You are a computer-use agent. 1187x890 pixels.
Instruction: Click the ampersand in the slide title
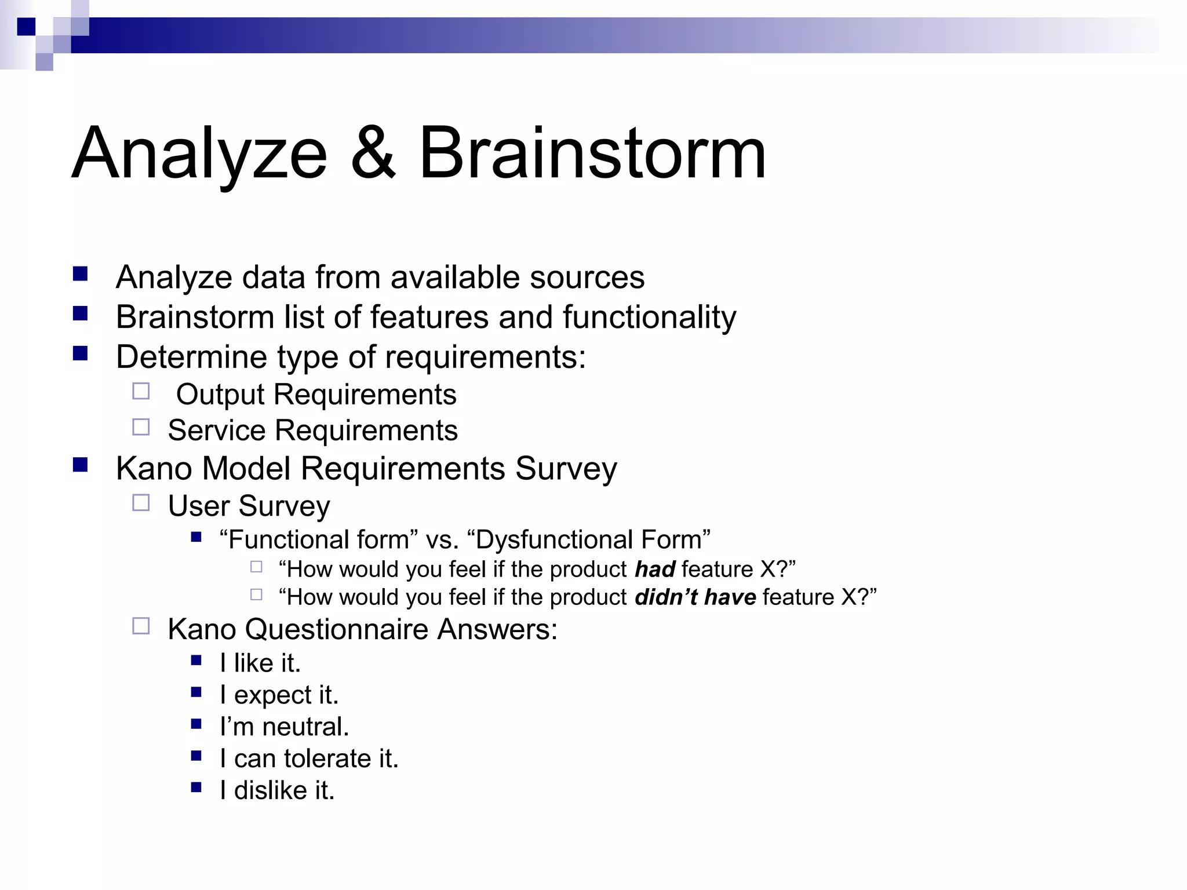pos(374,154)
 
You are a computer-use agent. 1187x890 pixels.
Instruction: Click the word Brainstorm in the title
pos(592,154)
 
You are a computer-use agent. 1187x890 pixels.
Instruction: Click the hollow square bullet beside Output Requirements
pos(141,392)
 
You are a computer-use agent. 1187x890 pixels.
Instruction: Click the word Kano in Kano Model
pos(154,468)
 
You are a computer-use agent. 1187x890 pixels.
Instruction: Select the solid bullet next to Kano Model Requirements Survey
pos(81,465)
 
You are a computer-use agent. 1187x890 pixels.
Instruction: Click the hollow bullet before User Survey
pos(141,502)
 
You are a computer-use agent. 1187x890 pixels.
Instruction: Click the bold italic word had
pos(654,570)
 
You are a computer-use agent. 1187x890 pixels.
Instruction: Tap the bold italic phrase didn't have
pos(695,597)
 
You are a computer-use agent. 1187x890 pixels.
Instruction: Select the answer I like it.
pos(260,663)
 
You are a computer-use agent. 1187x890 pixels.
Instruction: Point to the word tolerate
pos(328,759)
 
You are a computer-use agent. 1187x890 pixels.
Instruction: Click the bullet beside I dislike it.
pos(196,787)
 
